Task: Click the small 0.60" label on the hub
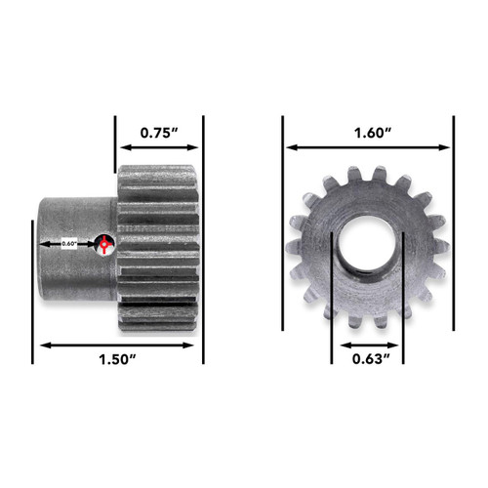(x=69, y=242)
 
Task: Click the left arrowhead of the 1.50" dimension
(x=41, y=344)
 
